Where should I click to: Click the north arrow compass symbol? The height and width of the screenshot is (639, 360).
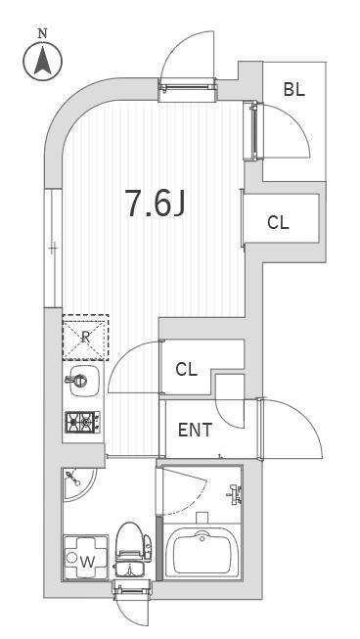[x=43, y=61]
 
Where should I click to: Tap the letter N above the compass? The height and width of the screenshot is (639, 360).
[x=42, y=33]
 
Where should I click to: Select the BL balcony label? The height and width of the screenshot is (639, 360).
[x=294, y=89]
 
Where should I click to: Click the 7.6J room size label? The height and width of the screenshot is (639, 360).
[x=156, y=203]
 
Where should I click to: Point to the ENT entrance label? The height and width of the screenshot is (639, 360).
[x=196, y=430]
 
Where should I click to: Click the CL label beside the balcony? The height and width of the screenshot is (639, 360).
[x=278, y=222]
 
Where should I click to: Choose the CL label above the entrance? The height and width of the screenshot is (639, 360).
[x=186, y=370]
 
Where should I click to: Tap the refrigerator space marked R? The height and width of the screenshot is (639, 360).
[x=85, y=338]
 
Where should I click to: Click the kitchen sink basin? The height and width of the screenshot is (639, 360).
[x=83, y=381]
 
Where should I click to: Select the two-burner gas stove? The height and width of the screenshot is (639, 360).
[x=83, y=422]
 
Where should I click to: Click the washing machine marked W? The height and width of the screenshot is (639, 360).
[x=86, y=557]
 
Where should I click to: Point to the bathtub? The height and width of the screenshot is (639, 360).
[x=202, y=551]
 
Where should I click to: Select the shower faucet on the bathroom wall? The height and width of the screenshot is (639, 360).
[x=235, y=494]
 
